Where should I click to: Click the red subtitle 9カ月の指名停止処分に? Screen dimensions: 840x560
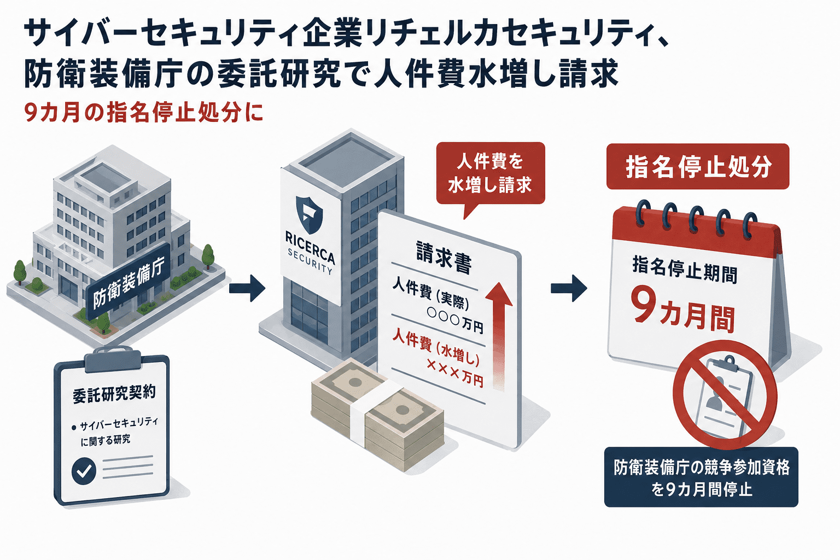coord(144,113)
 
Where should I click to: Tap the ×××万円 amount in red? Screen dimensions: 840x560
coord(454,376)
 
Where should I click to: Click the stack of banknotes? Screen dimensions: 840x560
coord(377,414)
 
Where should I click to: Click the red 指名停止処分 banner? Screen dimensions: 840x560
coord(698,166)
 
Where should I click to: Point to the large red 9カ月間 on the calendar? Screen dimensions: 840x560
coord(683,310)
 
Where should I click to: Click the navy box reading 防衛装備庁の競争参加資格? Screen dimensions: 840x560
coord(701,477)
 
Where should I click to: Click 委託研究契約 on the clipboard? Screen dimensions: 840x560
coord(114,395)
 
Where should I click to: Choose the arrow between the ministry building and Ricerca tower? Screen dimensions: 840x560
coord(247,288)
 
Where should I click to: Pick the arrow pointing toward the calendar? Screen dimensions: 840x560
coord(569,288)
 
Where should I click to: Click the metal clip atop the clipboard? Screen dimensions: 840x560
coord(113,358)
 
